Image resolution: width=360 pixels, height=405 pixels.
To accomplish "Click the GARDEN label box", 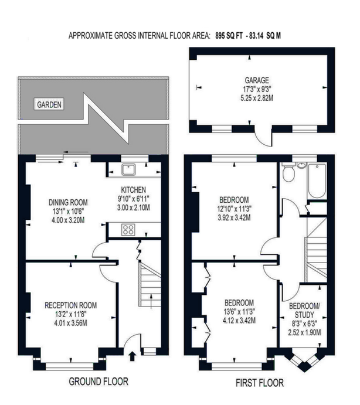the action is pyautogui.click(x=49, y=104).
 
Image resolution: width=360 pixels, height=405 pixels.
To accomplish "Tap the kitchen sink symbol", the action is pyautogui.click(x=128, y=169).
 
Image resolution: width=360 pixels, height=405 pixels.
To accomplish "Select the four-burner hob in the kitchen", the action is pyautogui.click(x=128, y=230).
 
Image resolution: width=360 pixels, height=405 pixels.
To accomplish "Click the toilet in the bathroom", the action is pyautogui.click(x=288, y=172).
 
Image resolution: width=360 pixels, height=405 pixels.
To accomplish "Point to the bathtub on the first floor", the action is pyautogui.click(x=317, y=181).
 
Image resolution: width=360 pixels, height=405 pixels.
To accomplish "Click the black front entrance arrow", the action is pyautogui.click(x=133, y=356).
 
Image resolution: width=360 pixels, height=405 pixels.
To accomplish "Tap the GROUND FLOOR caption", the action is pyautogui.click(x=99, y=382).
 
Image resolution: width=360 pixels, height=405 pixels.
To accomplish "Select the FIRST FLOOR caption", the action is pyautogui.click(x=260, y=383).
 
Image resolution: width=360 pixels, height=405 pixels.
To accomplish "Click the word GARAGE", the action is pyautogui.click(x=257, y=80).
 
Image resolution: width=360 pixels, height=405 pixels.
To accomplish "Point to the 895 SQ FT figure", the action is pyautogui.click(x=229, y=36).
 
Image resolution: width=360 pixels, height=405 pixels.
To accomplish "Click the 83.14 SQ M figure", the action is pyautogui.click(x=264, y=36).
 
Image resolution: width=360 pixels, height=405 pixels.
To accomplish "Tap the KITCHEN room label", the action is pyautogui.click(x=133, y=190).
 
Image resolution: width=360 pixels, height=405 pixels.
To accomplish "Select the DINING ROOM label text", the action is pyautogui.click(x=68, y=202).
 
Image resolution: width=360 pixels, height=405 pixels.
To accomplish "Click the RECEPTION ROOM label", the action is pyautogui.click(x=70, y=305).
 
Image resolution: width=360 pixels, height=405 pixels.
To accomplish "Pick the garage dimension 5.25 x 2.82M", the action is pyautogui.click(x=257, y=98).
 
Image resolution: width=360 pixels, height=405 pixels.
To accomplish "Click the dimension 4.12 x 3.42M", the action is pyautogui.click(x=239, y=321).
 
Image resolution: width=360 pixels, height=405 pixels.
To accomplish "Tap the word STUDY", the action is pyautogui.click(x=304, y=315).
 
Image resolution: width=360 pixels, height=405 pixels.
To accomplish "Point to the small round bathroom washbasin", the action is pyautogui.click(x=301, y=165).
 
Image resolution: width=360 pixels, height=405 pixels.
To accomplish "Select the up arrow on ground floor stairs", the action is pyautogui.click(x=151, y=301).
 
